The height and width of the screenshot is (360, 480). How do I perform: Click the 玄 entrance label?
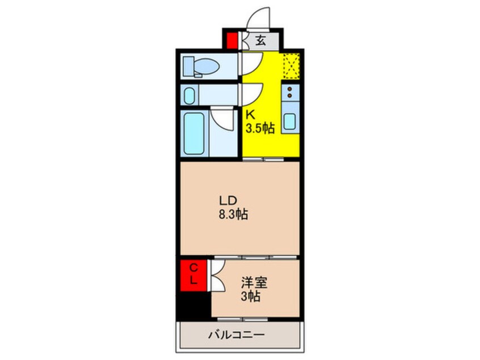point(260,41)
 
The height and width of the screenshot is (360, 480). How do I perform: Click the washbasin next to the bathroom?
point(191,95)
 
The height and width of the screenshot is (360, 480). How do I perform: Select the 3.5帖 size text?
point(260,128)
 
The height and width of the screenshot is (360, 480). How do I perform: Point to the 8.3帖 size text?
point(233,215)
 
